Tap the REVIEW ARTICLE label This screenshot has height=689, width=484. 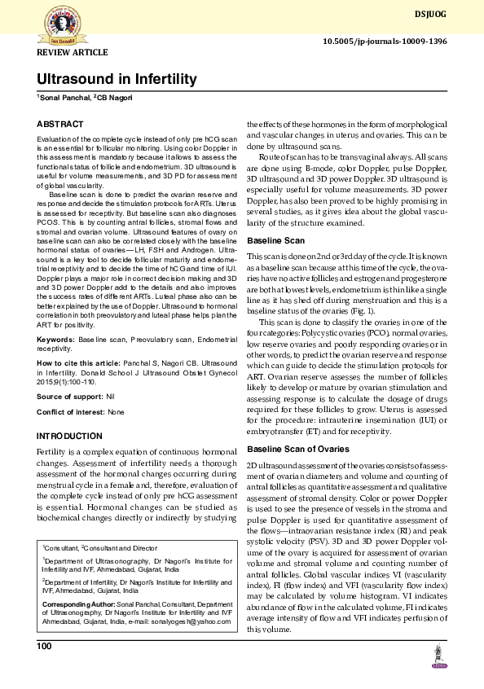click(72, 53)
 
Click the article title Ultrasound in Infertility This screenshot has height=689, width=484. click(117, 79)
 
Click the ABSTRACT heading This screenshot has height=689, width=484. click(59, 124)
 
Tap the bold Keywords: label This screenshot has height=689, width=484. click(55, 338)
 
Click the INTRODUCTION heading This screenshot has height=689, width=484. click(70, 437)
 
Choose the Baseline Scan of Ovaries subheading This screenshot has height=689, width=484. click(298, 449)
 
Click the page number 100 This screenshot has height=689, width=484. click(44, 646)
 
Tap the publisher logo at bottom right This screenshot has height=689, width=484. click(440, 657)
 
